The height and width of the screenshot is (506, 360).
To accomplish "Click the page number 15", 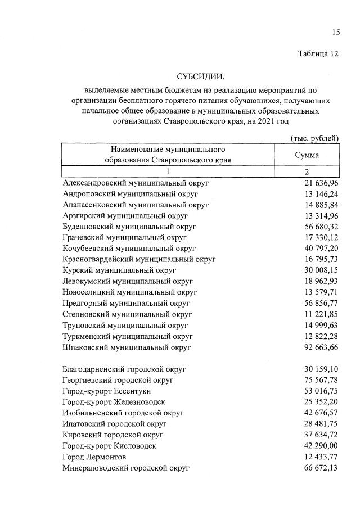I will (335, 33).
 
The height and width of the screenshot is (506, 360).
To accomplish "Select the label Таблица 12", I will (318, 54).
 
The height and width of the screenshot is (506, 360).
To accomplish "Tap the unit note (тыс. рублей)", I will (314, 137).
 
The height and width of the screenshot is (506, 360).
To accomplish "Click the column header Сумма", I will (307, 155).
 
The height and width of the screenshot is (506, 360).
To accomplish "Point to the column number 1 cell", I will (168, 172).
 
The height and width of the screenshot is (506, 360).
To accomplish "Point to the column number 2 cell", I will (307, 172).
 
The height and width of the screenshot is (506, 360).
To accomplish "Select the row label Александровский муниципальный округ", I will (136, 183).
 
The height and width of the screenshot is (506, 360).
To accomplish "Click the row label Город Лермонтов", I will (98, 457).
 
